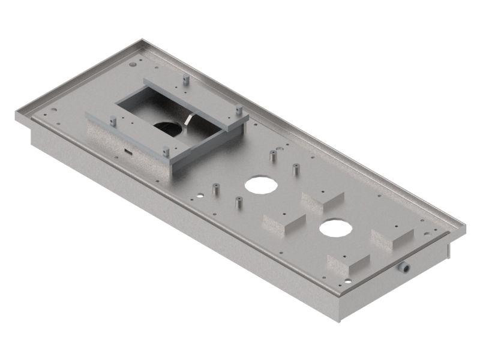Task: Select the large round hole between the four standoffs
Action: (259, 184)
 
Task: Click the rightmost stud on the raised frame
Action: (238, 110)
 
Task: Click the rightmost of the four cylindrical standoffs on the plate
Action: (295, 169)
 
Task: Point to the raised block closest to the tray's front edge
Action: (348, 265)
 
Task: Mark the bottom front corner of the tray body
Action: (340, 320)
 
